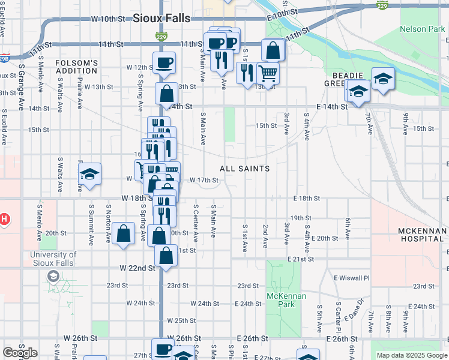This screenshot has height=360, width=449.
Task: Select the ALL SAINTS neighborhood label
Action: (x=244, y=169)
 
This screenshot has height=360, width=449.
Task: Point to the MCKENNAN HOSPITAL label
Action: (x=422, y=235)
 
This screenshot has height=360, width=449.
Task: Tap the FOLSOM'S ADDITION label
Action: (x=76, y=67)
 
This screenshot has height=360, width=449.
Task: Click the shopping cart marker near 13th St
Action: (x=268, y=73)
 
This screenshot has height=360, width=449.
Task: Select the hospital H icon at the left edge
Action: (x=4, y=220)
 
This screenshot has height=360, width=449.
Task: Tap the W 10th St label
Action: (x=107, y=19)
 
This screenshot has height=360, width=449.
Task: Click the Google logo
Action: (x=20, y=353)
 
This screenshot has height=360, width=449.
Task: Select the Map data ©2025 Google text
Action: (x=412, y=355)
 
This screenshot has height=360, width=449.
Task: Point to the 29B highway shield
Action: (x=4, y=59)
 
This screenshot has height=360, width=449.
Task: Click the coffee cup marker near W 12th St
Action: (x=164, y=62)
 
